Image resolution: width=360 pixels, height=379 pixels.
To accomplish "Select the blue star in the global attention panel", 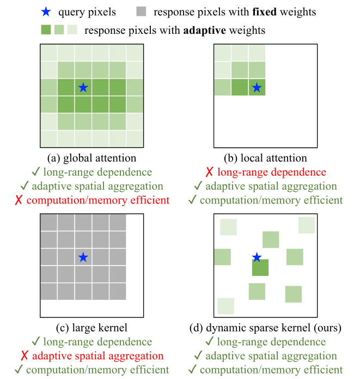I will [83, 87].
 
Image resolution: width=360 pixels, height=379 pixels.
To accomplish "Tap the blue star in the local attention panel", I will [257, 87].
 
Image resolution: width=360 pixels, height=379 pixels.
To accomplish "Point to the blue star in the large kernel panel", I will [83, 257].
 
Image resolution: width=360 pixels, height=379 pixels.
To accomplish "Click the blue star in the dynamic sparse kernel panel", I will [257, 257].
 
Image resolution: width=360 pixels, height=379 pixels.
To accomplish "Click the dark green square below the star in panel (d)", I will [260, 268].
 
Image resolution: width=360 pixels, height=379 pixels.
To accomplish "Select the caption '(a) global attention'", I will [91, 159].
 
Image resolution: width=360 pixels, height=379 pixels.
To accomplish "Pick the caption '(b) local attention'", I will [265, 159].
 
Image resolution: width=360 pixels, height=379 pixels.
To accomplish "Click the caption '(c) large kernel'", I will [91, 328].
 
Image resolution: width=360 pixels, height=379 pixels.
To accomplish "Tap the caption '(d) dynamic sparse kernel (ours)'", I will [266, 328].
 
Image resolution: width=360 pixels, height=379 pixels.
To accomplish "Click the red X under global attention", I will [19, 201].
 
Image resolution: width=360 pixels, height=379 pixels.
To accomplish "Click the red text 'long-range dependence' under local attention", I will [272, 172].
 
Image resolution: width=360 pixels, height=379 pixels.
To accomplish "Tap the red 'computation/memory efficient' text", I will [98, 200].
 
